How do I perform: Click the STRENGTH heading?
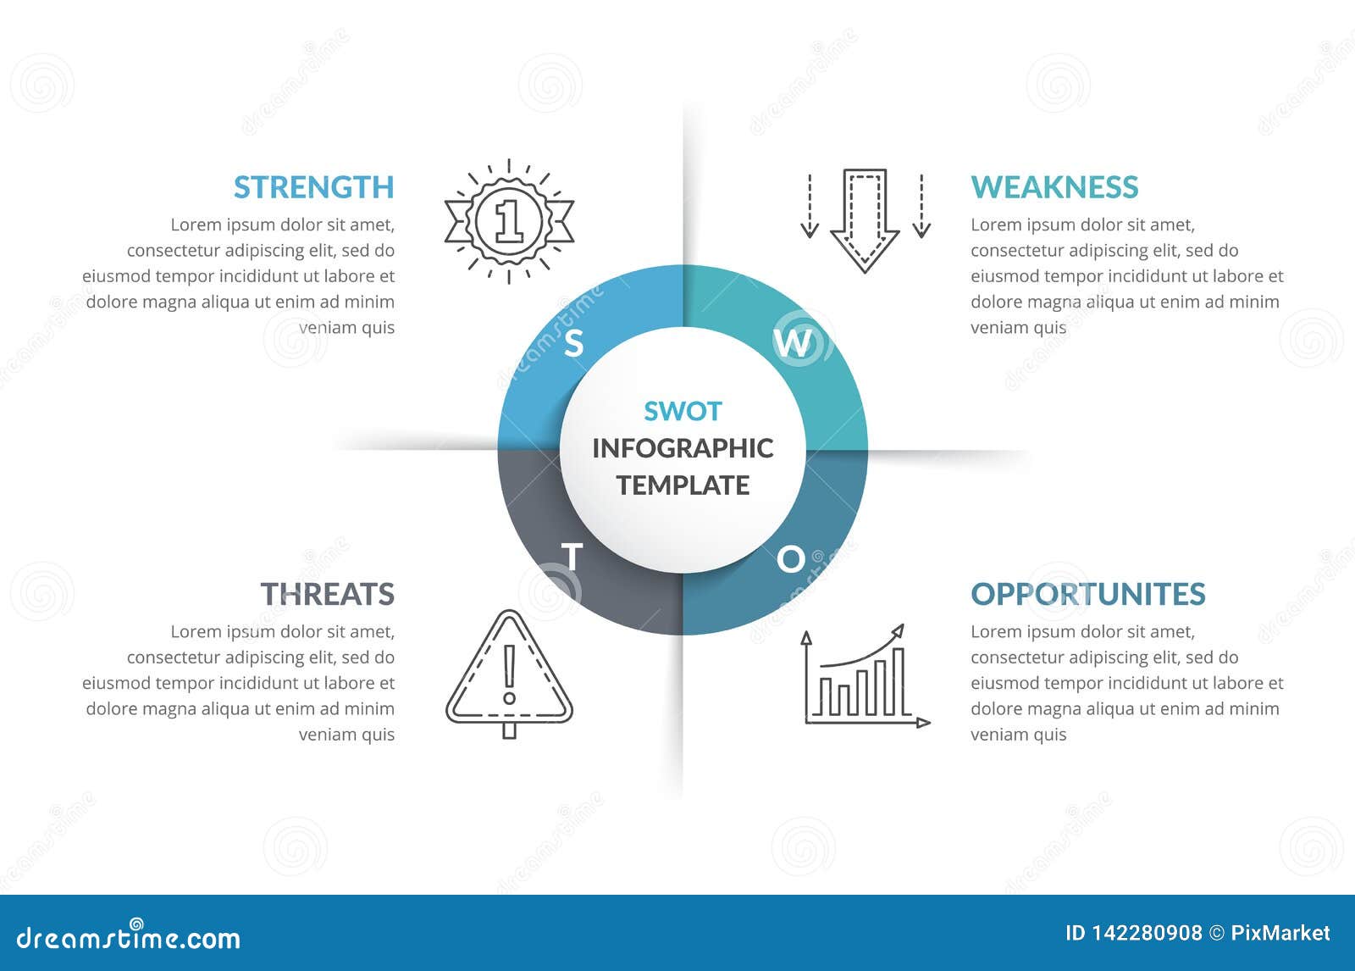pyautogui.click(x=313, y=187)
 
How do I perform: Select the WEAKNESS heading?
pyautogui.click(x=1054, y=187)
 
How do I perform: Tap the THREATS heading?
pyautogui.click(x=327, y=594)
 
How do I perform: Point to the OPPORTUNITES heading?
pyautogui.click(x=1087, y=594)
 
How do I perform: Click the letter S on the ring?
pyautogui.click(x=574, y=344)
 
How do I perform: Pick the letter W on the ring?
pyautogui.click(x=793, y=342)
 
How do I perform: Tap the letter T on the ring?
pyautogui.click(x=572, y=558)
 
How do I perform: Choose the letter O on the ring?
pyautogui.click(x=791, y=559)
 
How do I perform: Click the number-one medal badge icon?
pyautogui.click(x=509, y=220)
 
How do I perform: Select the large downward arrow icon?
pyautogui.click(x=865, y=220)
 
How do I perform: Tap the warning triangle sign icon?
pyautogui.click(x=509, y=674)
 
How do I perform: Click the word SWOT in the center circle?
pyautogui.click(x=683, y=411)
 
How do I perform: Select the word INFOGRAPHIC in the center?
pyautogui.click(x=683, y=448)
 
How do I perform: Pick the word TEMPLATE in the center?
pyautogui.click(x=683, y=485)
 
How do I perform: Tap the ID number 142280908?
pyautogui.click(x=1143, y=933)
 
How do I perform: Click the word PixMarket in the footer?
pyautogui.click(x=1280, y=933)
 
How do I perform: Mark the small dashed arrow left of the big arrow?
pyautogui.click(x=810, y=206)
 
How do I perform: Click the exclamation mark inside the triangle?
pyautogui.click(x=509, y=674)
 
